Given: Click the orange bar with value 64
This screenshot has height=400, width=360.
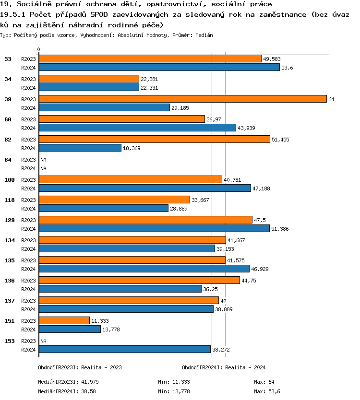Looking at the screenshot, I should click(182, 99).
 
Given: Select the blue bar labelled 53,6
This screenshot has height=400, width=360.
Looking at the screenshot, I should click(159, 68).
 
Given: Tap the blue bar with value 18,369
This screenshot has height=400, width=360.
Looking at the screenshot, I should click(80, 148).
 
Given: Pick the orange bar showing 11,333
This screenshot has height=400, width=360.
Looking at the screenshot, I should click(64, 320).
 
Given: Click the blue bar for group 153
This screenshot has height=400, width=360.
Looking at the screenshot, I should click(124, 350).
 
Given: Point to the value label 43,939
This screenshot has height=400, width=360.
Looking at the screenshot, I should click(246, 128).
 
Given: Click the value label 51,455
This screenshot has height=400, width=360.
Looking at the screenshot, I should click(280, 140).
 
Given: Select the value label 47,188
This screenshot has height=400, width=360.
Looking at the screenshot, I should click(261, 188).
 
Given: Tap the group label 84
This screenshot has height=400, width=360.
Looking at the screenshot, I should click(8, 159).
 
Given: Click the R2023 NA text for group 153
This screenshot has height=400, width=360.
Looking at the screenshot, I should click(43, 341).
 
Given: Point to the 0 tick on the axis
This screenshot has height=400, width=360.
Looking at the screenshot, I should click(38, 49).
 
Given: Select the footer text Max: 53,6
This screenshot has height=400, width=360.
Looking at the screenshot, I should click(267, 391).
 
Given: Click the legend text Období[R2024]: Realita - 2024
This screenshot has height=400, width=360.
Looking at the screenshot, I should click(224, 367).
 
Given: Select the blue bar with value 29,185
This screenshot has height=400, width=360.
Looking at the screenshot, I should click(104, 108).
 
